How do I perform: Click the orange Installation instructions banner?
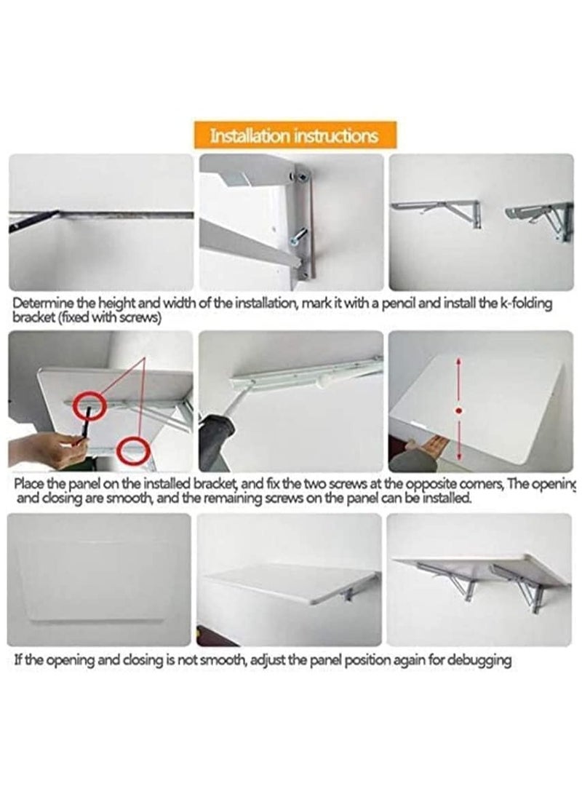(294, 135)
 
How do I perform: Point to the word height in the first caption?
(115, 303)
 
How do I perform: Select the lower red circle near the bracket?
(134, 450)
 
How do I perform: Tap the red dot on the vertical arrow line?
(458, 411)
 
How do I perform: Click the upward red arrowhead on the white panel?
(458, 362)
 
